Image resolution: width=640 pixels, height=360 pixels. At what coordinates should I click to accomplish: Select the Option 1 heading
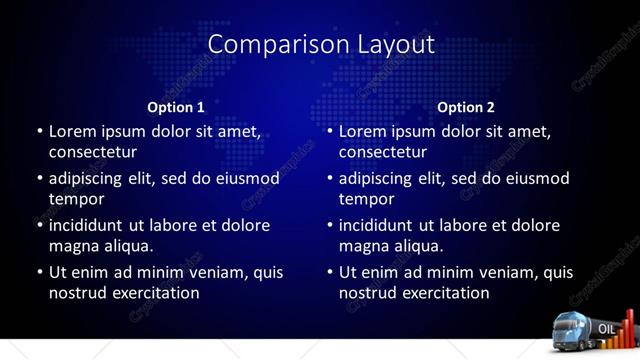[x=176, y=107]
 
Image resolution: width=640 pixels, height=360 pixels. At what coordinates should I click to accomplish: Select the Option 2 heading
[x=466, y=107]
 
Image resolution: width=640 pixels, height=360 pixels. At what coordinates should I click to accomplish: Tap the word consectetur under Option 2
[x=383, y=152]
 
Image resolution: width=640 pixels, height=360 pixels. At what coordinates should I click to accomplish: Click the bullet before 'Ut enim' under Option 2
[x=329, y=272]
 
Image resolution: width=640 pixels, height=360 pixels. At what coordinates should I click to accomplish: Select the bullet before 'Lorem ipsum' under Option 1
[x=39, y=131]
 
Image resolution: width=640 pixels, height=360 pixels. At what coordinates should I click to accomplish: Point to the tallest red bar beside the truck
[x=630, y=326]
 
